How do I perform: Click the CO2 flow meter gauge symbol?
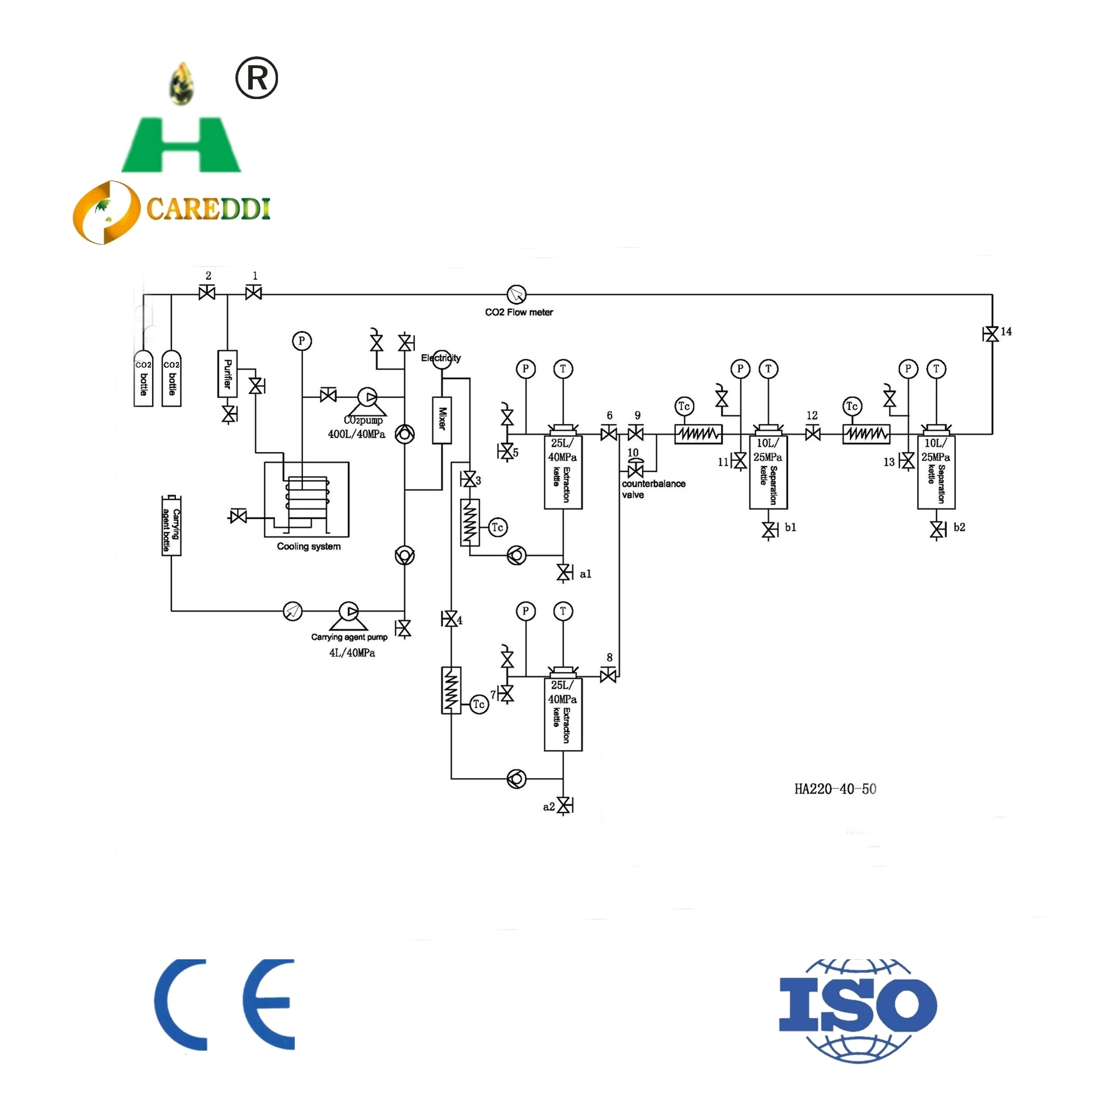click(516, 294)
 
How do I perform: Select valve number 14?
click(990, 334)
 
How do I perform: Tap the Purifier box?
click(227, 374)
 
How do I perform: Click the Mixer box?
click(442, 420)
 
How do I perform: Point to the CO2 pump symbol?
click(367, 398)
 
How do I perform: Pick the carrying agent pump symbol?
click(349, 612)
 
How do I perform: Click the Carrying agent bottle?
click(171, 525)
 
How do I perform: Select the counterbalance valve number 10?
click(635, 470)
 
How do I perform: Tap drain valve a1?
click(564, 573)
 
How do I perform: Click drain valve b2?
click(937, 530)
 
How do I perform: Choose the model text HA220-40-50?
click(835, 789)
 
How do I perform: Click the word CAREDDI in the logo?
click(208, 208)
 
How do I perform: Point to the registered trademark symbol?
click(256, 78)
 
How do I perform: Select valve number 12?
click(812, 434)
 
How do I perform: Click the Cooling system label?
click(308, 546)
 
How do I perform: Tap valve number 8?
click(608, 675)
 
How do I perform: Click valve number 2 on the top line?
click(207, 293)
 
